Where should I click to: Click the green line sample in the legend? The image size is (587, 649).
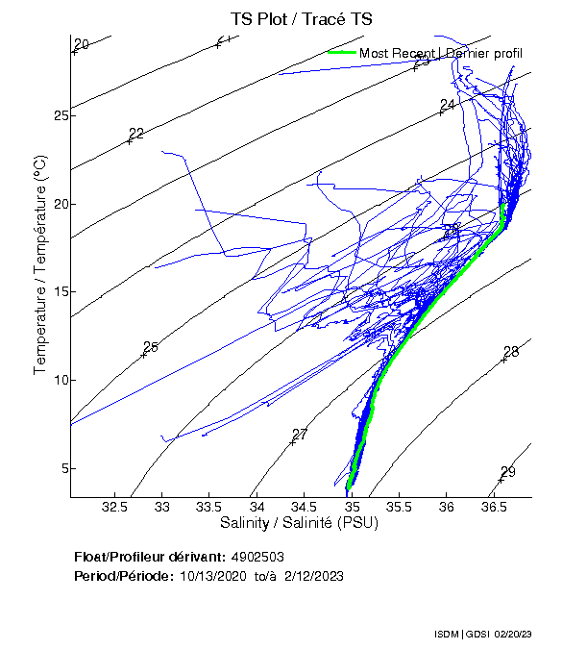coord(341,52)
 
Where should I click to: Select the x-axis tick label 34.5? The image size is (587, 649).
coord(304,507)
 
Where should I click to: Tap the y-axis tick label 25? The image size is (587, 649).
coord(57,115)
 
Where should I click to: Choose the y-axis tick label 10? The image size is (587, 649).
coord(57,380)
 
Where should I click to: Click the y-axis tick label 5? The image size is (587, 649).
coord(61,468)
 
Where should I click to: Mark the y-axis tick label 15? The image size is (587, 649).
coord(57,291)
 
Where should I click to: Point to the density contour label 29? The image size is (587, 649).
coord(508,471)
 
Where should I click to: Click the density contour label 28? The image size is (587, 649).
coord(511,352)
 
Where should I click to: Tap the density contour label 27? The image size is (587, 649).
coord(300,435)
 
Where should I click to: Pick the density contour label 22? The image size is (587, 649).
coord(135,134)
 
